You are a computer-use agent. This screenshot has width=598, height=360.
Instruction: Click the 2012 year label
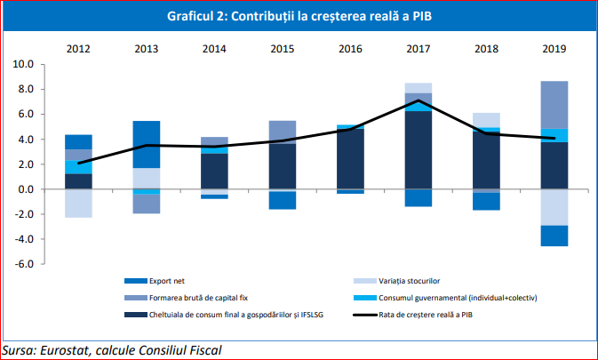click(x=78, y=48)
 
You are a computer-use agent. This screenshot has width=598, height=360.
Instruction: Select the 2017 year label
click(x=418, y=48)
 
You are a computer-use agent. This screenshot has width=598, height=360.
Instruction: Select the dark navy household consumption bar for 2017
click(x=418, y=150)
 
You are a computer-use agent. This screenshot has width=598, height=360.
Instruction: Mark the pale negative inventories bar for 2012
click(x=78, y=204)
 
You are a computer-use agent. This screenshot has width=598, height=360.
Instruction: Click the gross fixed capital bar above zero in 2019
click(x=554, y=105)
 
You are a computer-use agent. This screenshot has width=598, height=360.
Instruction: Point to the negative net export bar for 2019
click(x=554, y=236)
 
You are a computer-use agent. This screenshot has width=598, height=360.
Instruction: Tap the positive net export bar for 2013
click(x=146, y=144)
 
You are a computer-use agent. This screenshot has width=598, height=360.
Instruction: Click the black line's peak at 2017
click(x=418, y=100)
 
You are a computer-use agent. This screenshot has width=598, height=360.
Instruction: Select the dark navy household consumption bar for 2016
click(x=350, y=159)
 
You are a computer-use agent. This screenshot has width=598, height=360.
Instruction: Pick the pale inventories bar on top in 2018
click(x=486, y=120)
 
